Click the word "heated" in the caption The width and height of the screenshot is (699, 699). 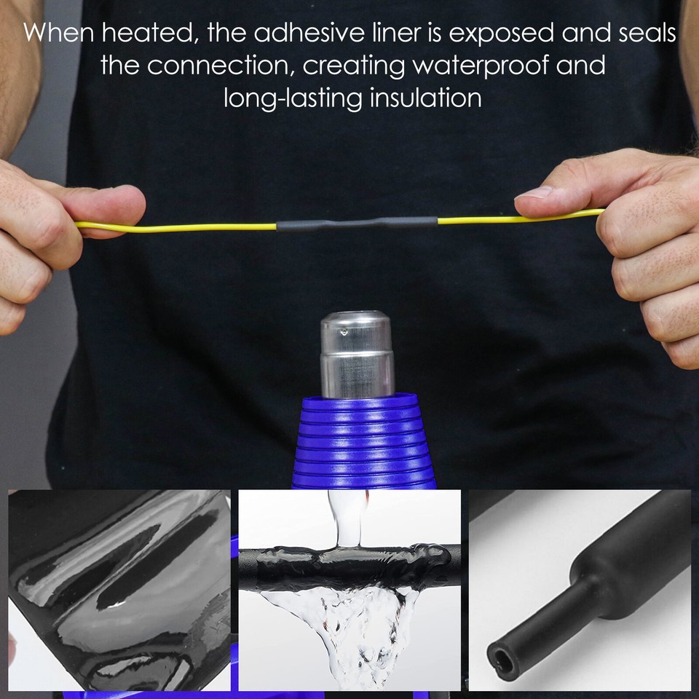pyautogui.click(x=157, y=33)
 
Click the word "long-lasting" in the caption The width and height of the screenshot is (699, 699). pyautogui.click(x=293, y=98)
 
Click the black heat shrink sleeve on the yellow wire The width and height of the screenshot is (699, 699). pyautogui.click(x=357, y=224)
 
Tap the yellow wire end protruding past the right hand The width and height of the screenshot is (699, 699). pyautogui.click(x=593, y=213)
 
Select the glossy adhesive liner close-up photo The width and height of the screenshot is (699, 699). pyautogui.click(x=119, y=590)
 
